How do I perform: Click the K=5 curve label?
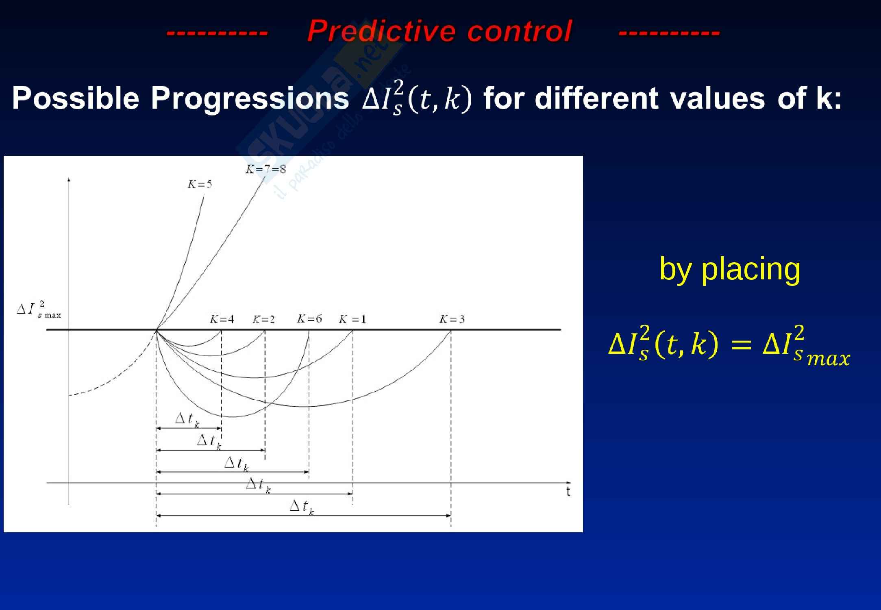coord(200,184)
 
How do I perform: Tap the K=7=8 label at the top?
coord(265,169)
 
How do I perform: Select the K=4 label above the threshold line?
coord(222,319)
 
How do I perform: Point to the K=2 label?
coord(263,320)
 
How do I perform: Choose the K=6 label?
coord(309,318)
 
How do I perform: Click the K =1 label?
coord(352,319)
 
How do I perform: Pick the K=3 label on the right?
coord(452,319)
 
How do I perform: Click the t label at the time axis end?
coord(568,492)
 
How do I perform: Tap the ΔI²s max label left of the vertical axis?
coord(39,310)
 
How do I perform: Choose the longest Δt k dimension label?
coord(302,507)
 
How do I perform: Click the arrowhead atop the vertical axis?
coord(69,179)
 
